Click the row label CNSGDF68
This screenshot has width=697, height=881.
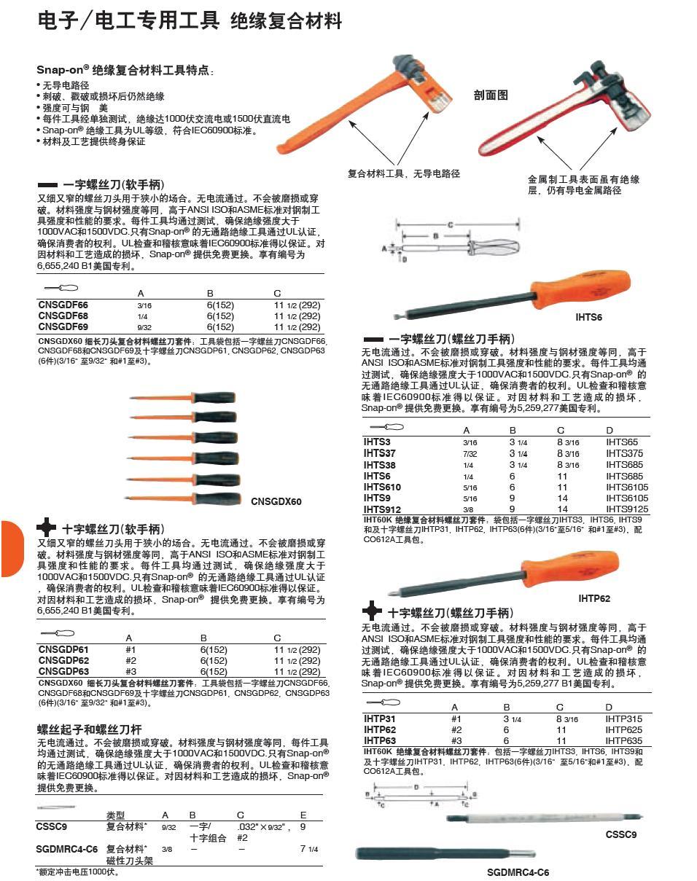63,316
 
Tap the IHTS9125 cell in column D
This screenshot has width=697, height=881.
626,509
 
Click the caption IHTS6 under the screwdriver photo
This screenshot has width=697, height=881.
588,317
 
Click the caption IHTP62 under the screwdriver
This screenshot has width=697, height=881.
594,598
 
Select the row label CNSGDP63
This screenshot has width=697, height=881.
63,671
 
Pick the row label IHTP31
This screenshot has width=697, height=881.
379,718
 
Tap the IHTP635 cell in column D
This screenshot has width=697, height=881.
623,740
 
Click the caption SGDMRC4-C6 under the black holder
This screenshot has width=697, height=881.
518,872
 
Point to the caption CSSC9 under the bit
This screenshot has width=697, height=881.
620,834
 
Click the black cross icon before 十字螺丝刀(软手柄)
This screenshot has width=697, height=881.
47,528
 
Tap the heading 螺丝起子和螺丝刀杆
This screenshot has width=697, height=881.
90,729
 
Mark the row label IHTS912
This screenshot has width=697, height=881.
382,509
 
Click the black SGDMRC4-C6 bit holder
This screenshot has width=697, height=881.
445,853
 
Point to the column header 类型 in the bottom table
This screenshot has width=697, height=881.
115,815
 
